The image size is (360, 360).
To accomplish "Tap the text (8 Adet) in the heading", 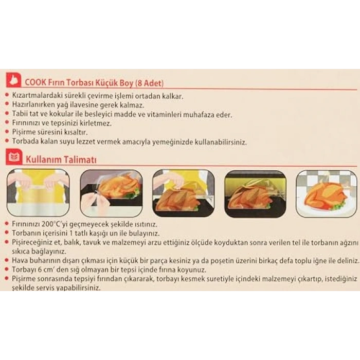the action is click(x=150, y=83).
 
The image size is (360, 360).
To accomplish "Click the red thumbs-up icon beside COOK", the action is click(x=13, y=80).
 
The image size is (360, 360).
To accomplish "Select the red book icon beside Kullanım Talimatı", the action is click(x=14, y=157).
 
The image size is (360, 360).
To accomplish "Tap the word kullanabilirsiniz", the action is click(x=221, y=142).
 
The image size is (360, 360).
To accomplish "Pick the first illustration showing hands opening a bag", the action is click(x=39, y=193).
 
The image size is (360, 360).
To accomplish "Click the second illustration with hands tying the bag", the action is click(x=111, y=193).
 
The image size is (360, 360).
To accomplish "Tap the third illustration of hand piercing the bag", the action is click(x=184, y=193).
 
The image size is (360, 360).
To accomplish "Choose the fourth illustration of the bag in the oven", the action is click(x=256, y=194).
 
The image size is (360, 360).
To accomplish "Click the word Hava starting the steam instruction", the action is click(x=20, y=260).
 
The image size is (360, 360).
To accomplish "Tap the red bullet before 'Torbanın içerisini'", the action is click(x=7, y=232).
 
